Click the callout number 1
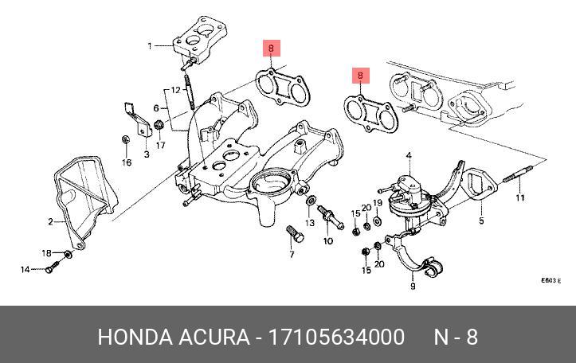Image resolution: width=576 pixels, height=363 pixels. [x=149, y=46]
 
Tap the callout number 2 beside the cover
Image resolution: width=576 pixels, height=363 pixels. [x=49, y=221]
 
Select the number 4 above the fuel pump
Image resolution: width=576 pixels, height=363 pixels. [x=407, y=154]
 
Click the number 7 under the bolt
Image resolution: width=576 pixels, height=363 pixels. [x=292, y=255]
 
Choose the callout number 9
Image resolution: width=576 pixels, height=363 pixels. [x=413, y=286]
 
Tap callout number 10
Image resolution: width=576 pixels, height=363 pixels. [x=327, y=240]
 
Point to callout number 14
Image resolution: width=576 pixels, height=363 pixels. [x=25, y=270]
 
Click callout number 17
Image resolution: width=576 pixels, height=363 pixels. [x=160, y=145]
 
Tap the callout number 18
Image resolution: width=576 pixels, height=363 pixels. [x=46, y=253]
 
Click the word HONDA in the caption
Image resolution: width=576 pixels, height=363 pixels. [x=133, y=338]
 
